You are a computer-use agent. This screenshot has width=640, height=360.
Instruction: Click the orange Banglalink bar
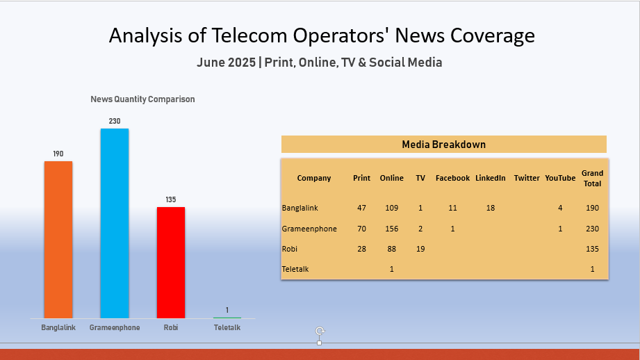58,240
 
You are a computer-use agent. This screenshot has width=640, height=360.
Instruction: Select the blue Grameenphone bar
115,222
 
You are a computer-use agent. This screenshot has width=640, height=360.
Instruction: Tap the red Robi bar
171,262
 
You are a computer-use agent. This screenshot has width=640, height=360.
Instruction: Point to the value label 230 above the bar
115,121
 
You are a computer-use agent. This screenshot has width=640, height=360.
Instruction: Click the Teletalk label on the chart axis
227,327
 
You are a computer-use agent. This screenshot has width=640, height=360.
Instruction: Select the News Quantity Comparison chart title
142,99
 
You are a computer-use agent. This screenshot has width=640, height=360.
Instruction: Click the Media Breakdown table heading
443,145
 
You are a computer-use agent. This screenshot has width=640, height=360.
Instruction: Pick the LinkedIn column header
491,178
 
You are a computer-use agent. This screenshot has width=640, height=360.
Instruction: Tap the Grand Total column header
592,178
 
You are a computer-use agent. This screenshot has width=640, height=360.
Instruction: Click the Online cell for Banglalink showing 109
391,208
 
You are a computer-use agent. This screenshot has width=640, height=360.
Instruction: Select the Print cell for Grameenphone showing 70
361,229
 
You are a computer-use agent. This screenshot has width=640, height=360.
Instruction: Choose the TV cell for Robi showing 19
420,249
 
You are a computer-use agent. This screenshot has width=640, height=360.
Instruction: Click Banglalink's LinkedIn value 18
491,208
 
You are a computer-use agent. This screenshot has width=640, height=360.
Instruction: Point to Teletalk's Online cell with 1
391,269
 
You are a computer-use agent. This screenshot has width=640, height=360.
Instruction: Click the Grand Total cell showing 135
592,249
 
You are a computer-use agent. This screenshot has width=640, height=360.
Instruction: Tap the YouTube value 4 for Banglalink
560,208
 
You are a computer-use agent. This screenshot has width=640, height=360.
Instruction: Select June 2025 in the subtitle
226,63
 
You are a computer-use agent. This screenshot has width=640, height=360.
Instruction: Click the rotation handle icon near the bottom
320,332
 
